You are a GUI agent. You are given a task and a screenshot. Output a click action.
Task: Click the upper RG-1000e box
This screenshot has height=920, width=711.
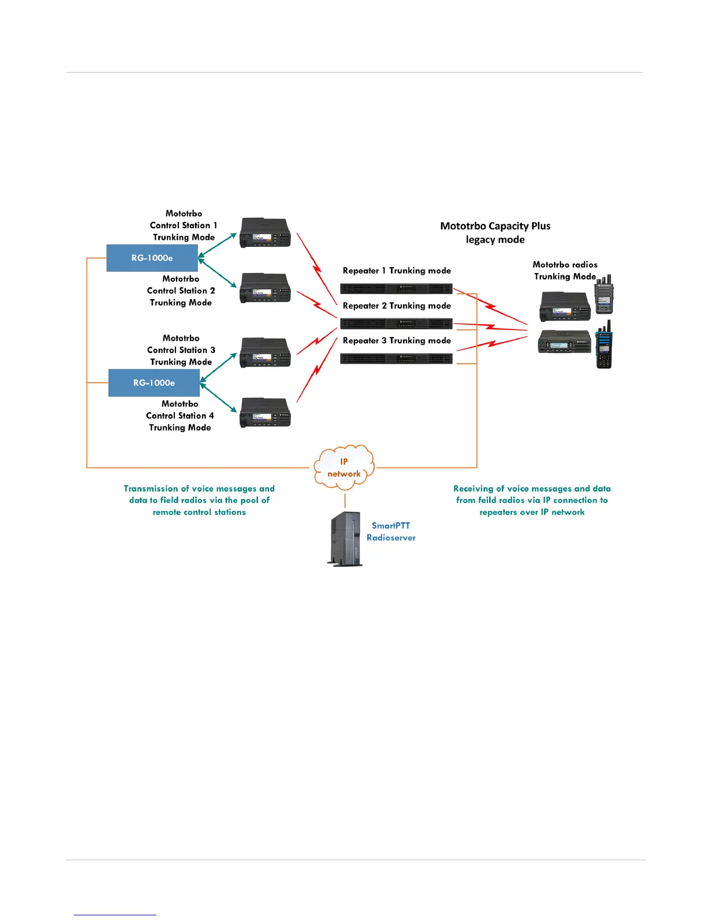[x=152, y=258]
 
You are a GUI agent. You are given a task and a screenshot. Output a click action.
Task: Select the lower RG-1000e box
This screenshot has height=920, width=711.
[x=154, y=383]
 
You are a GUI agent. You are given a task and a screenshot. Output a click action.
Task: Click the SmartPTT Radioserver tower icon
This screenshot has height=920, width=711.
[x=346, y=538]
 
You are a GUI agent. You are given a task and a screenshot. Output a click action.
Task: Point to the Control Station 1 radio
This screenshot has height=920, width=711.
[x=265, y=233]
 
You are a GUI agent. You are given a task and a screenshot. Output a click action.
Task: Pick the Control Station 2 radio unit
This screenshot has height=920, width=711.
[x=265, y=288]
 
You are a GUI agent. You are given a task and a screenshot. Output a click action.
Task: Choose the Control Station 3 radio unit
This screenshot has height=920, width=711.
[x=265, y=353]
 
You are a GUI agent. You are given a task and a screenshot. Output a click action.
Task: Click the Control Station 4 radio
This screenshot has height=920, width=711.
[x=265, y=413]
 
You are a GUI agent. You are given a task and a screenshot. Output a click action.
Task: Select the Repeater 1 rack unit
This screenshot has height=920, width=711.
[x=396, y=289]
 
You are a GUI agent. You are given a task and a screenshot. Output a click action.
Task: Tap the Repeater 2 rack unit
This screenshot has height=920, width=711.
[x=396, y=324]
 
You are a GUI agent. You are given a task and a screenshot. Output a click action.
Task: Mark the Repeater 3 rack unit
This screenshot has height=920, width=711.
[x=396, y=359]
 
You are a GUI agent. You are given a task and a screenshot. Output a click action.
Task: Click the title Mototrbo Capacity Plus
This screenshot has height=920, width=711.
[x=495, y=226]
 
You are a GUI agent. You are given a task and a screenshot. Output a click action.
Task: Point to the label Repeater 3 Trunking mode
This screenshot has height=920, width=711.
[x=397, y=340]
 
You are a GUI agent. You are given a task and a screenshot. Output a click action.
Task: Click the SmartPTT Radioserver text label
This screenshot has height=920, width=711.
[x=391, y=531]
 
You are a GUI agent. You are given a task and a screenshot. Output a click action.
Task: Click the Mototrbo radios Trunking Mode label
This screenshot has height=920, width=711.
[x=565, y=271]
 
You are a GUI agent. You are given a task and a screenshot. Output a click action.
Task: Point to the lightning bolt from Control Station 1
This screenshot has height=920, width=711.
[x=317, y=267]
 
